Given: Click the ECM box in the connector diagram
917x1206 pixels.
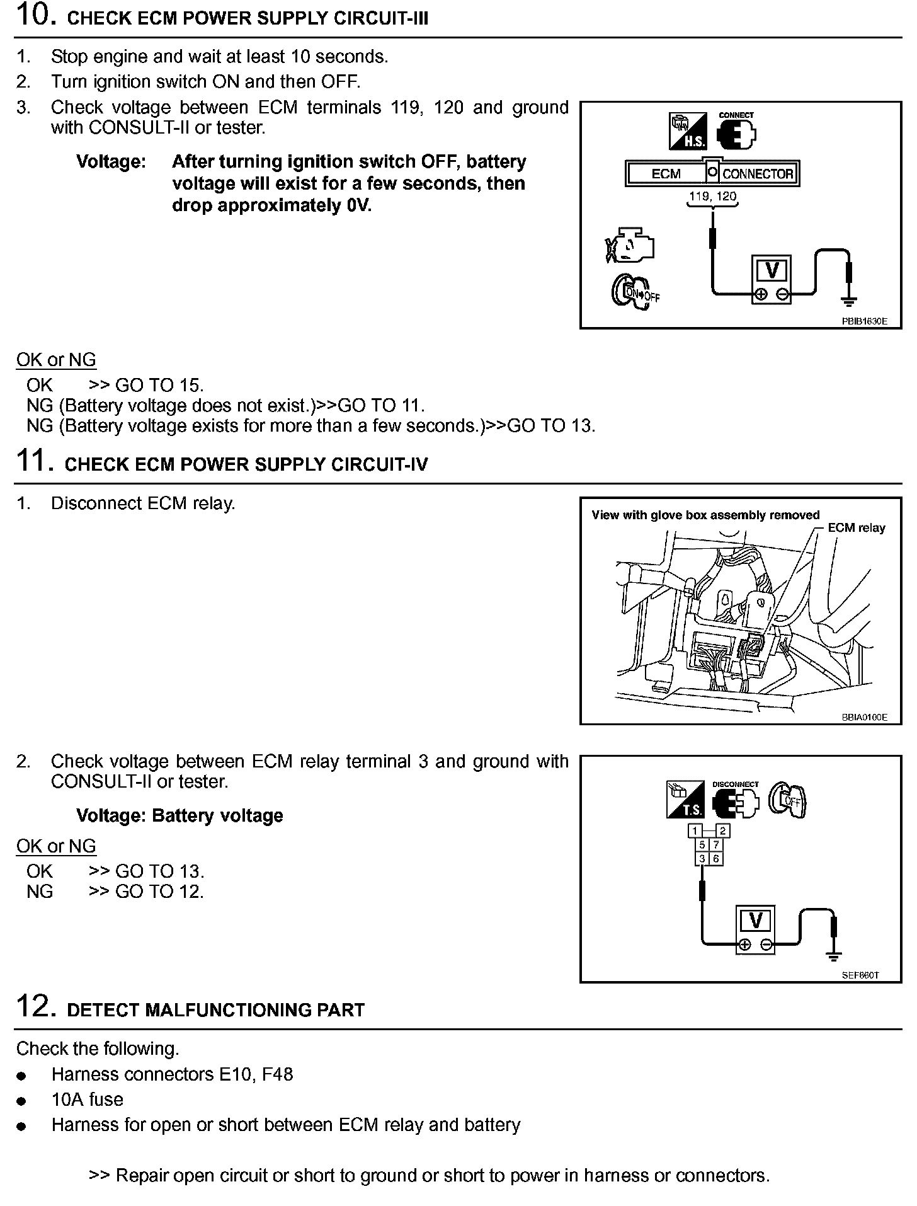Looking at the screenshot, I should pos(666,173).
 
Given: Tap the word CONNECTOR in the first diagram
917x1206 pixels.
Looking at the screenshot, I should pos(758,173).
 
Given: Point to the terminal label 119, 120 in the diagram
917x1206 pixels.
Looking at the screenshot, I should pos(712,196).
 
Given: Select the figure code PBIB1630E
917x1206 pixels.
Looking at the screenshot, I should pos(864,321).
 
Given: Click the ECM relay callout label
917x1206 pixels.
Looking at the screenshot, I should pos(857,528).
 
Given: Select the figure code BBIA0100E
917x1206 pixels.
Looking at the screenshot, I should pos(864,717).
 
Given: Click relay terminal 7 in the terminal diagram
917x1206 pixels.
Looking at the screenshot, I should pos(716,844).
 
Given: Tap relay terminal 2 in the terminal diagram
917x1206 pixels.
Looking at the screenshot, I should pos(722,830).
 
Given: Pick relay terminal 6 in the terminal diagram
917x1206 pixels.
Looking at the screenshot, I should pos(716,858).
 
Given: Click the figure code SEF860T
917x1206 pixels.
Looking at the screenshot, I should pos(860,975).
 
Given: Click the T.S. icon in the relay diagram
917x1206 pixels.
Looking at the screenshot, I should pos(684,800).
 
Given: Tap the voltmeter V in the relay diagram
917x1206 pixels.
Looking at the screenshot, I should pos(756,921).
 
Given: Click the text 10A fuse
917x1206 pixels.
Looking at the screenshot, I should pos(88,1100).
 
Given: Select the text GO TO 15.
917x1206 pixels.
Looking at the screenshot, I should pos(159,385).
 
